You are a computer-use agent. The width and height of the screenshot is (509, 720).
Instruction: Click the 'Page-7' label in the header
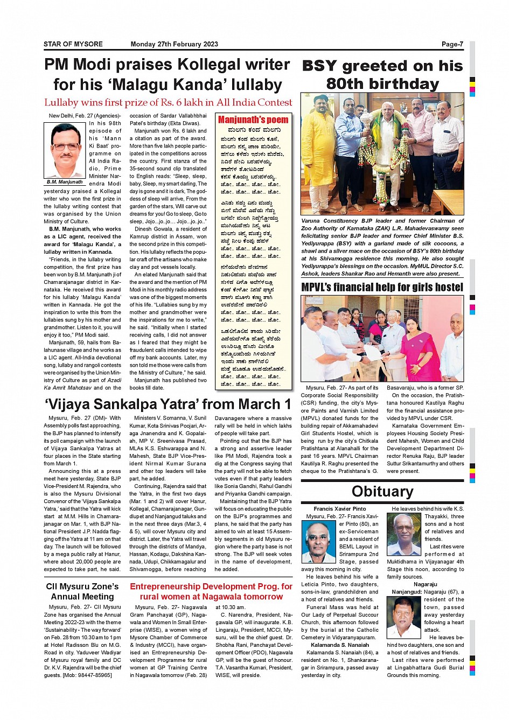tap(452, 44)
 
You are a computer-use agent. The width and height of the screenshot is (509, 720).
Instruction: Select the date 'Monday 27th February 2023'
tap(174, 44)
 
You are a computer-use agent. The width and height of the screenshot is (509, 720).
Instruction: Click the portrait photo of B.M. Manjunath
tap(65, 151)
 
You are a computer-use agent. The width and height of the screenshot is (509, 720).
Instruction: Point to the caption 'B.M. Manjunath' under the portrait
tap(65, 182)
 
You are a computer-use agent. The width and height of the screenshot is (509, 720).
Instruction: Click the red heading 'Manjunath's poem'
tap(253, 120)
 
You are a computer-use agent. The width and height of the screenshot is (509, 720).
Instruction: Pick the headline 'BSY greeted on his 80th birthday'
tap(382, 74)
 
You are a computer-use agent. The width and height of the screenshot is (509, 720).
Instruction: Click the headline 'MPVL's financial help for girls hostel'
tap(382, 287)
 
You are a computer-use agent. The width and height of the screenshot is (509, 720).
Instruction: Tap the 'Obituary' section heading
tap(382, 491)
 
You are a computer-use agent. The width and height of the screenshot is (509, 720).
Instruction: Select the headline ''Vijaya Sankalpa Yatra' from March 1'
tap(168, 404)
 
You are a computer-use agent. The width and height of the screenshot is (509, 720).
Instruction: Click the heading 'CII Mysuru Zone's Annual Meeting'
tap(82, 591)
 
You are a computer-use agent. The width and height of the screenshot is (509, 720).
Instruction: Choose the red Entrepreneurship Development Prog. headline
tap(211, 591)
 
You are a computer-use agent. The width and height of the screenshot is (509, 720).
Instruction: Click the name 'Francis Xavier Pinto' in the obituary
tap(340, 508)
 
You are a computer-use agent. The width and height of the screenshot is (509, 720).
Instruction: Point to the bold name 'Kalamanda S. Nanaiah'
tap(340, 645)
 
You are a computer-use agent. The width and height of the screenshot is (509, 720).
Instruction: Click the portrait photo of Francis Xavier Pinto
tap(319, 541)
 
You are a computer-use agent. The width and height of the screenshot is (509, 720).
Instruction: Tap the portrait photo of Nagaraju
tap(403, 617)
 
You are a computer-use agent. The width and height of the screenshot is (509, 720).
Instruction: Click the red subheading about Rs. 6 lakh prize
tap(168, 102)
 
